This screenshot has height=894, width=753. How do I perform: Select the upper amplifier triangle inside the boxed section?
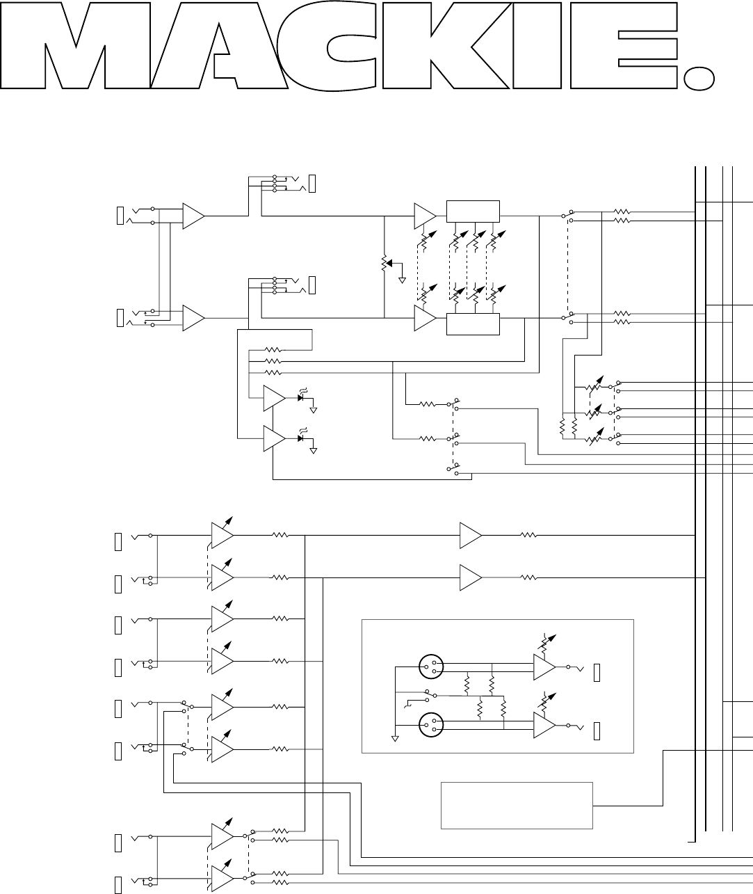pos(543,667)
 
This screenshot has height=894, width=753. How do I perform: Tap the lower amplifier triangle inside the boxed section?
pos(543,725)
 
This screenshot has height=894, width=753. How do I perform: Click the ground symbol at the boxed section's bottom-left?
pos(395,740)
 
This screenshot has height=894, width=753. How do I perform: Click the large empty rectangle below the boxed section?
pos(517,805)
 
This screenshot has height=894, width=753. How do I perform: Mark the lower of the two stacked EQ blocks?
pos(473,324)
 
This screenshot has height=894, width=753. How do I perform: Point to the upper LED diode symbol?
pos(301,398)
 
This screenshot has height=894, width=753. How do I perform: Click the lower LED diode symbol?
pos(301,439)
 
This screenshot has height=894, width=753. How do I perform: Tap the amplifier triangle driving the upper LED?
pos(273,398)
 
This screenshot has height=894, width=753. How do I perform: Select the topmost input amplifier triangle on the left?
pos(193,217)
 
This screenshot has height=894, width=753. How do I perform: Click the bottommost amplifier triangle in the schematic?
pos(221,879)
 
